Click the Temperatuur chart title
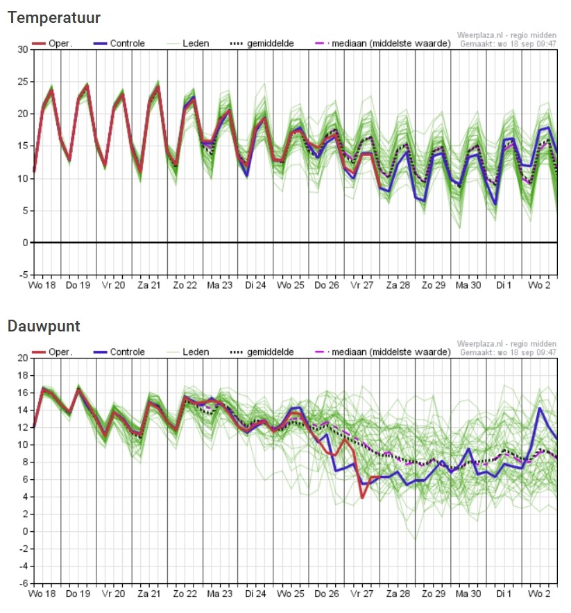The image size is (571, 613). click(x=54, y=18)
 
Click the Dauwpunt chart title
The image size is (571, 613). click(x=44, y=327)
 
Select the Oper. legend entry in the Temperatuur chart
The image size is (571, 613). click(x=52, y=44)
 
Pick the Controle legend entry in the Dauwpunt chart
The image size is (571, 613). click(x=119, y=352)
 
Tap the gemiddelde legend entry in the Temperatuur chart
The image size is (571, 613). click(x=262, y=44)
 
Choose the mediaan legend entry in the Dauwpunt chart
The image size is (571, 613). click(x=383, y=352)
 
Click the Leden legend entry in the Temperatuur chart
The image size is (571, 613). click(x=188, y=44)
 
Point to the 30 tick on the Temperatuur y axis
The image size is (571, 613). click(x=23, y=50)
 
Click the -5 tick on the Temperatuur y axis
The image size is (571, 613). click(x=24, y=275)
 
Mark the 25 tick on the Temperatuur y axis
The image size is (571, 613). click(x=23, y=82)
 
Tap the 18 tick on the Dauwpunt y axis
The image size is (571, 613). click(x=23, y=375)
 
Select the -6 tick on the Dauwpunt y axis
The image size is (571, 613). click(x=24, y=583)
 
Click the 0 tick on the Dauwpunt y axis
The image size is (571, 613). click(x=26, y=531)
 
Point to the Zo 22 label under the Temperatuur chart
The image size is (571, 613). click(x=185, y=286)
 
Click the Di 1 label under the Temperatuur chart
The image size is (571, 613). click(x=504, y=286)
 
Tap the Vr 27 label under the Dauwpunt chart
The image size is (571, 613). click(x=362, y=594)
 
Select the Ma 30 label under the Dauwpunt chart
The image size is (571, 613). click(x=468, y=594)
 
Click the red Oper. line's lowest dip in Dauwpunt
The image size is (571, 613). click(x=362, y=498)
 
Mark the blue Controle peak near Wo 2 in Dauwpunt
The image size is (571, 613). click(x=540, y=408)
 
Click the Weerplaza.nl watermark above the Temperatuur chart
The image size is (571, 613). click(x=506, y=35)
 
